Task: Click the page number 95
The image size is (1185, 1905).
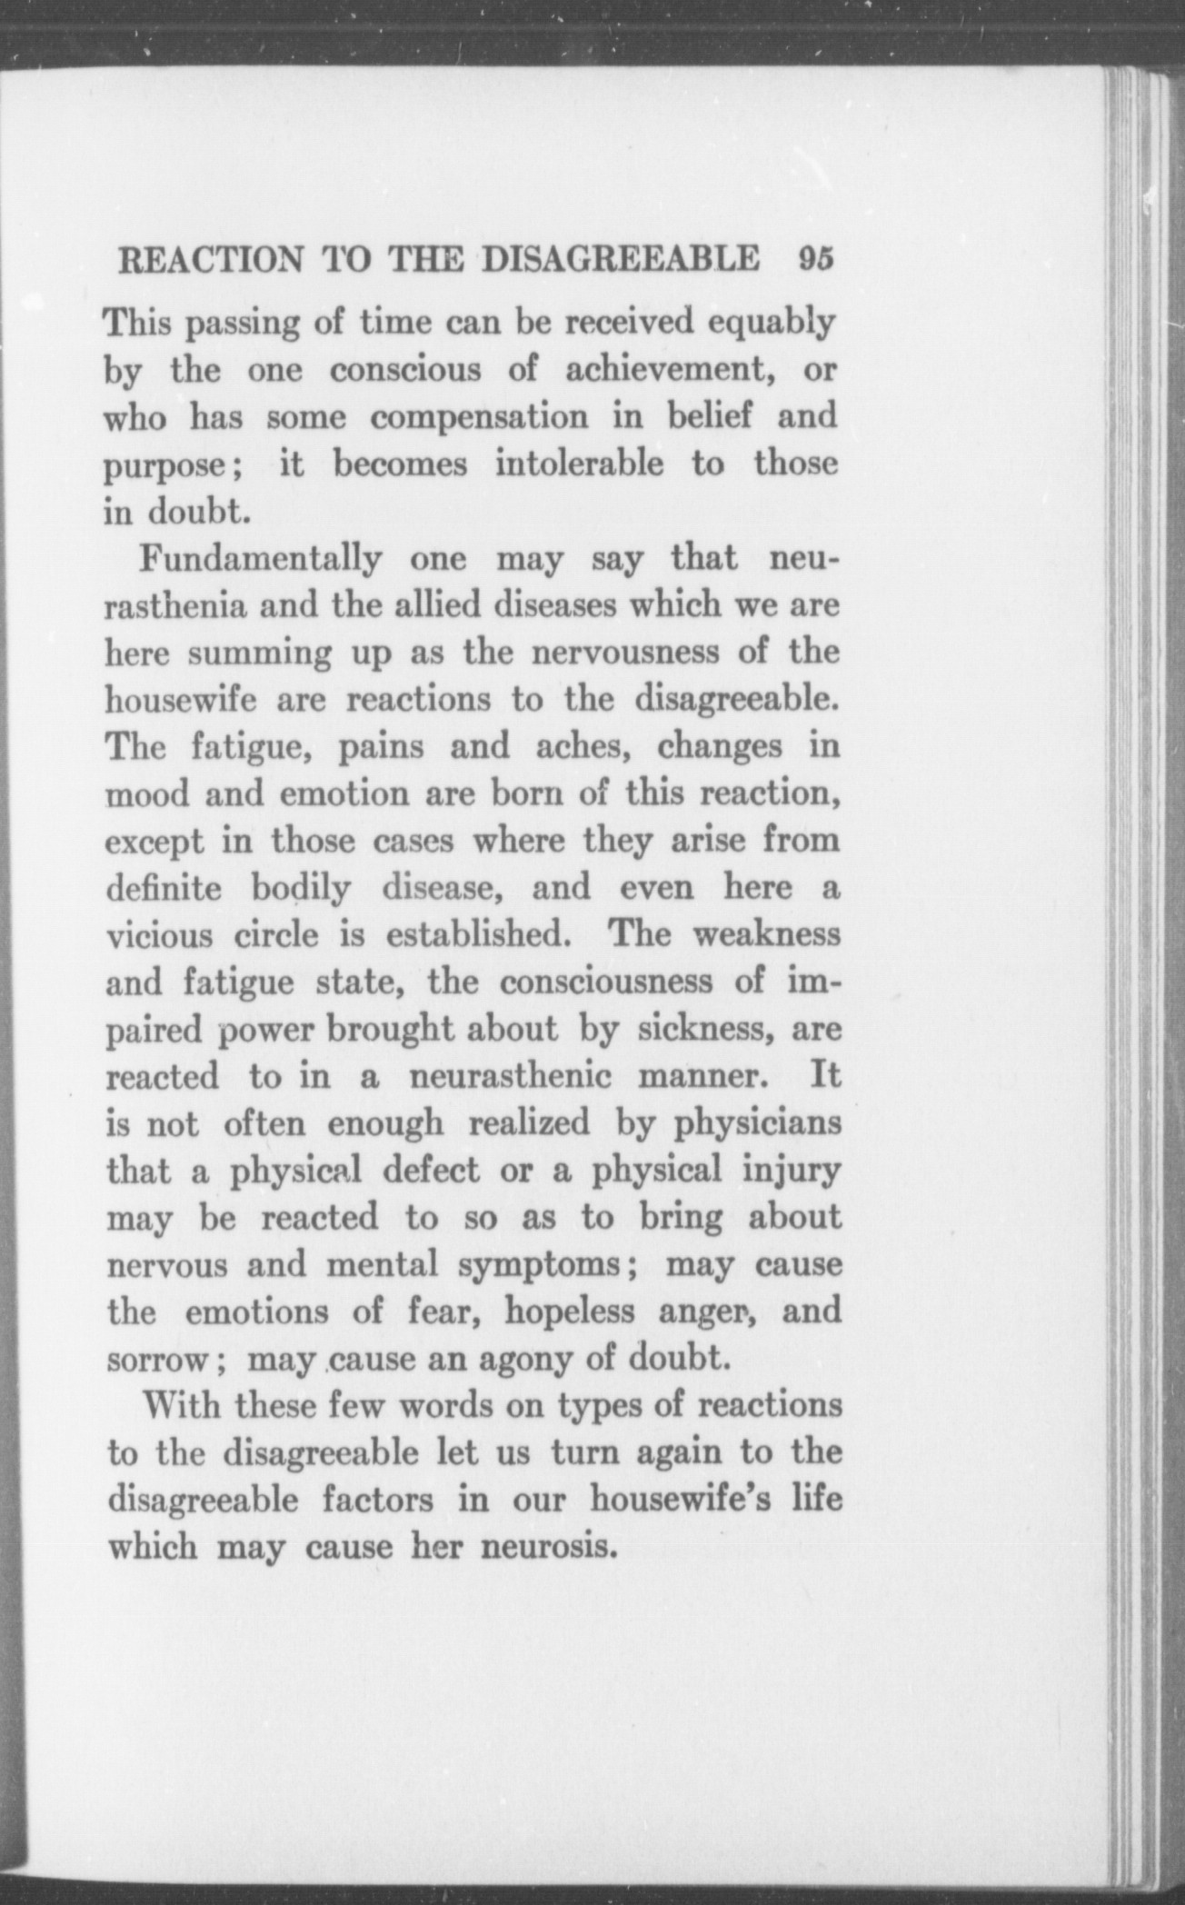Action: point(815,260)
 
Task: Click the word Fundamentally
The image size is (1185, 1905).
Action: point(259,558)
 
